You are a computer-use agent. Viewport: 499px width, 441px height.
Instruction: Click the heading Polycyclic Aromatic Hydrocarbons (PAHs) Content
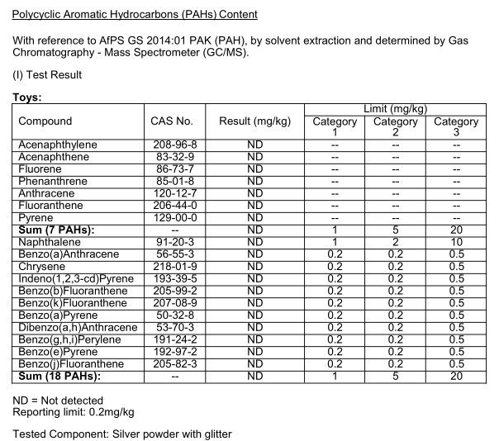coord(135,15)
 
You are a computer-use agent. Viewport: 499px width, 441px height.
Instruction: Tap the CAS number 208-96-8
coord(173,145)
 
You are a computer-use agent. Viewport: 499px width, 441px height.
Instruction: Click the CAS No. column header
coord(173,121)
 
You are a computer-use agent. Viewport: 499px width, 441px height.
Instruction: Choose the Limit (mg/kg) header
coord(395,108)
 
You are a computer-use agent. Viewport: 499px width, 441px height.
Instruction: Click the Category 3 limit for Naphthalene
coord(455,241)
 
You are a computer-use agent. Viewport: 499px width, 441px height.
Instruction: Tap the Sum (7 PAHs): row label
coord(56,229)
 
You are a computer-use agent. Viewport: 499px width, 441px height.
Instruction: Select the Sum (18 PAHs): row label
coord(59,377)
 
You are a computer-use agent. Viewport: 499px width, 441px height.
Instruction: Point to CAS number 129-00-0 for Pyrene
coord(173,217)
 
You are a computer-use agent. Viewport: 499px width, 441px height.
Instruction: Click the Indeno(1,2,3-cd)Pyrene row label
coord(72,279)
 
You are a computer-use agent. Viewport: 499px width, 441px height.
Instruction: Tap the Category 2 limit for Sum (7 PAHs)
coord(396,229)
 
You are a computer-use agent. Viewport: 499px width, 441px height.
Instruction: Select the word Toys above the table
coord(28,96)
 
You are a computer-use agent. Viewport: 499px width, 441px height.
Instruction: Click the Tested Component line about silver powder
coord(121,434)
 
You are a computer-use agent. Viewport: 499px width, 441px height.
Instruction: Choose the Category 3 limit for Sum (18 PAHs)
coord(455,377)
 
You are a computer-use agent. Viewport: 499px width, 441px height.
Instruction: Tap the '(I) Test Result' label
coord(46,75)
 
